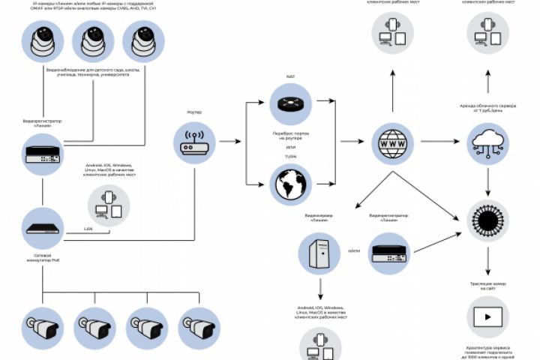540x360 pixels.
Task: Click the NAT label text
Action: tap(290, 76)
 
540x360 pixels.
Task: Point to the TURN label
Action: tap(290, 157)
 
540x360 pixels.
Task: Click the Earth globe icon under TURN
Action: tap(290, 184)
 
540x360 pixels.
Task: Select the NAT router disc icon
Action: tap(290, 104)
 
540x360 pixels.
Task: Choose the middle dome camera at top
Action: tap(92, 41)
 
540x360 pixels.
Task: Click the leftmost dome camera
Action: tap(43, 41)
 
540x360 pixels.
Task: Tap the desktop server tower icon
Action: tap(319, 251)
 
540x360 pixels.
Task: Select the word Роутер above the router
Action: tap(194, 112)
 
